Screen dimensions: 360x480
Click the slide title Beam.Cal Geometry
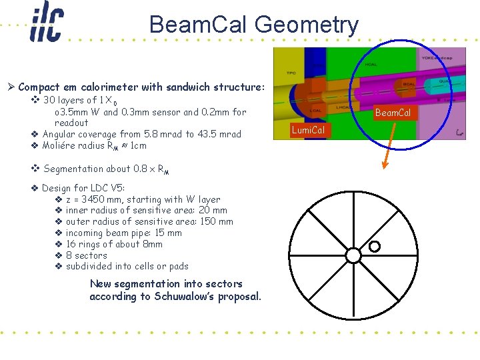click(253, 25)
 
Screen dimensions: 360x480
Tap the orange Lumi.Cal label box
click(308, 130)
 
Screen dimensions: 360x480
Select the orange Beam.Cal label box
click(393, 113)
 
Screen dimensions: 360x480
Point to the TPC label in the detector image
click(291, 71)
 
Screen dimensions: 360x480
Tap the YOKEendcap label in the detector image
click(451, 57)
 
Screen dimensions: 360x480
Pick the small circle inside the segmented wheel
click(374, 247)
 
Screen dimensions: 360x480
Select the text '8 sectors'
click(86, 255)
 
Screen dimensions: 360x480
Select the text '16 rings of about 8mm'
click(114, 244)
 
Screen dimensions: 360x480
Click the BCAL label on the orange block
click(409, 84)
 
